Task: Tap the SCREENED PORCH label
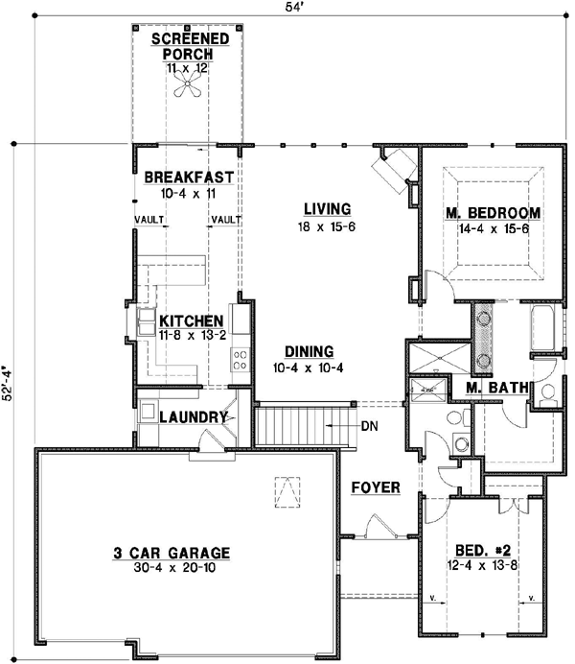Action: click(x=191, y=46)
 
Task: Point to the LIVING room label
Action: click(x=327, y=208)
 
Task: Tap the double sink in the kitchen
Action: click(x=149, y=320)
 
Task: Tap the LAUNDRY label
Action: click(x=193, y=417)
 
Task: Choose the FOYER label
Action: click(x=375, y=487)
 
